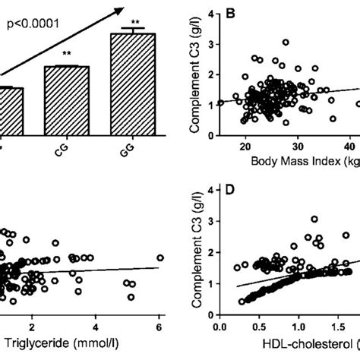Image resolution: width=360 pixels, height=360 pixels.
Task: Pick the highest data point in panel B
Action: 286,43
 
